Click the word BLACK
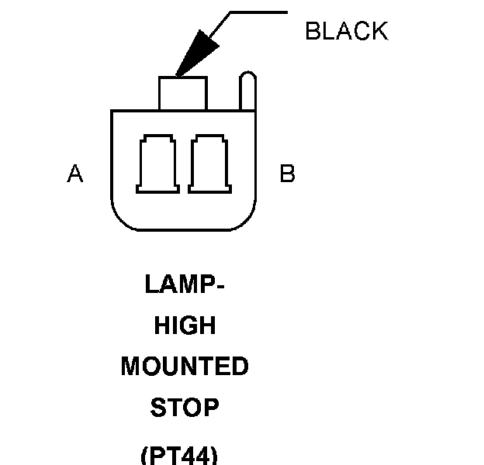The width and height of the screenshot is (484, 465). point(346,31)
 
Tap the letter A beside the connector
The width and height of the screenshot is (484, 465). point(74,174)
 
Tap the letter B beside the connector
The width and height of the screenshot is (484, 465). point(287,174)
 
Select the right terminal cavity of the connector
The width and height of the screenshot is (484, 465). point(209,164)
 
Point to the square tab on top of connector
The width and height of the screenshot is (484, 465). point(183,93)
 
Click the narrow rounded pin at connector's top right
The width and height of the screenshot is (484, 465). point(247,91)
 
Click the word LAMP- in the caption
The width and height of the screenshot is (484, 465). point(185,284)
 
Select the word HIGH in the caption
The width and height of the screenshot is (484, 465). point(185,325)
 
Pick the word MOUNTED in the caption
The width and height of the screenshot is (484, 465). point(185,367)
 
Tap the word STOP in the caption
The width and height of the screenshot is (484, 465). point(185,407)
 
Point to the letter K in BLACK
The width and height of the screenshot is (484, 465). point(379,31)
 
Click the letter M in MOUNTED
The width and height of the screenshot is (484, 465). point(131,367)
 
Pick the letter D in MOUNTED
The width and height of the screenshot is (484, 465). point(240,367)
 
